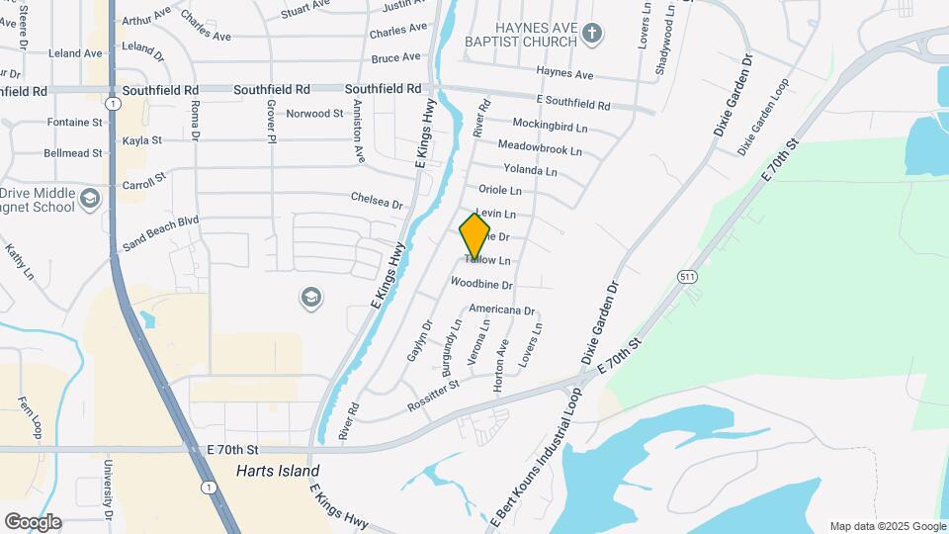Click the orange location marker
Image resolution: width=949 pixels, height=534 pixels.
[474, 236]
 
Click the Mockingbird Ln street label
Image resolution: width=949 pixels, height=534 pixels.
[550, 126]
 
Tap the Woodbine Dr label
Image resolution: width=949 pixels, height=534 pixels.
[481, 285]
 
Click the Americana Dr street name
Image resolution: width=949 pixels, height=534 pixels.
[501, 310]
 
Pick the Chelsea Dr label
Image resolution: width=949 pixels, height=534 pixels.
[378, 201]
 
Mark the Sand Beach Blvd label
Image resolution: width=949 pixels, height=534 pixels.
[161, 233]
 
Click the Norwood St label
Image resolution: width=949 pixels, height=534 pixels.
[314, 114]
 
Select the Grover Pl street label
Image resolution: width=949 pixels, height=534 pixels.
[269, 123]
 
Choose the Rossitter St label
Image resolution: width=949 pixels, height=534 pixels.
[433, 397]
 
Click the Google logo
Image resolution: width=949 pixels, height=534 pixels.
[33, 522]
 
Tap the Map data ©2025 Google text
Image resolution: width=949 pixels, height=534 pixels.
[887, 526]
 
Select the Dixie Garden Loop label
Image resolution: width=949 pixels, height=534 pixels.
[762, 116]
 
